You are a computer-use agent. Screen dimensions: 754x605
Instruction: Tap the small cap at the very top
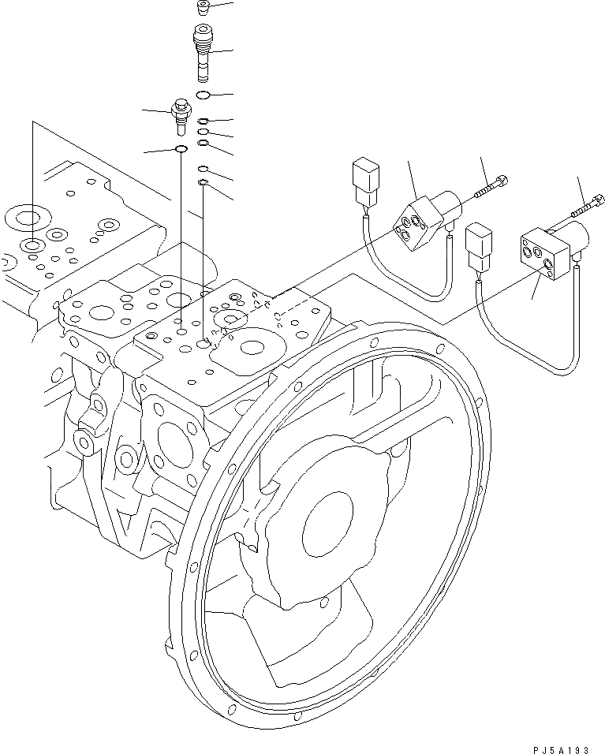pyautogui.click(x=203, y=9)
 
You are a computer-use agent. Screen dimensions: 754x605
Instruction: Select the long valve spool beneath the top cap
pyautogui.click(x=203, y=52)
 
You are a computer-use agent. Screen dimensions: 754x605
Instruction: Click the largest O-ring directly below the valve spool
pyautogui.click(x=203, y=95)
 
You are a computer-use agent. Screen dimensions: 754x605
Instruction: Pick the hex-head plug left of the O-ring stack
pyautogui.click(x=178, y=117)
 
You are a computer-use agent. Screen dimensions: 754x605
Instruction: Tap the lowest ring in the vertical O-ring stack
pyautogui.click(x=203, y=183)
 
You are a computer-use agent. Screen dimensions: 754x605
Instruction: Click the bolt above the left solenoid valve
pyautogui.click(x=490, y=188)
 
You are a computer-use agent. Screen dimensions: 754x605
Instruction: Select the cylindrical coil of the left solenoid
pyautogui.click(x=446, y=207)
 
